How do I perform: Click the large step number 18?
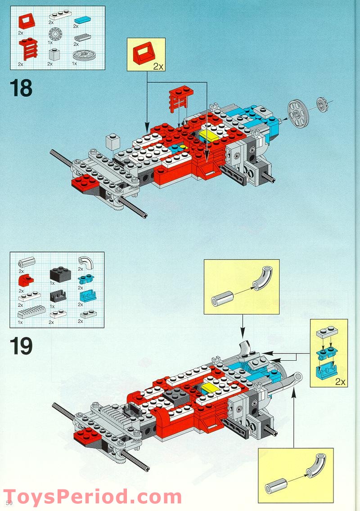point(21,88)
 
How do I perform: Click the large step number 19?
point(21,347)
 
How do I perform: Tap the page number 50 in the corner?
point(9,502)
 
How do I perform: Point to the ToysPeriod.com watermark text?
point(93,497)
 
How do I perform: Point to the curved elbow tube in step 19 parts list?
point(84,261)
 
